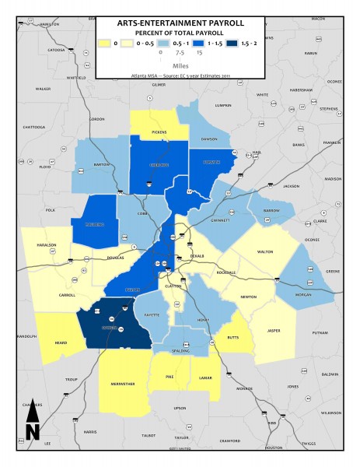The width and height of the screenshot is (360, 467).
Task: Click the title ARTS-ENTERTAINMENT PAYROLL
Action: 180,23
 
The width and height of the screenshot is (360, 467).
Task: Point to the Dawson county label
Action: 209,139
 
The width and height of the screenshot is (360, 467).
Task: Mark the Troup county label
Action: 72,378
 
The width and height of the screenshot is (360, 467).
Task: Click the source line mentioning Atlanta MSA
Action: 180,76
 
